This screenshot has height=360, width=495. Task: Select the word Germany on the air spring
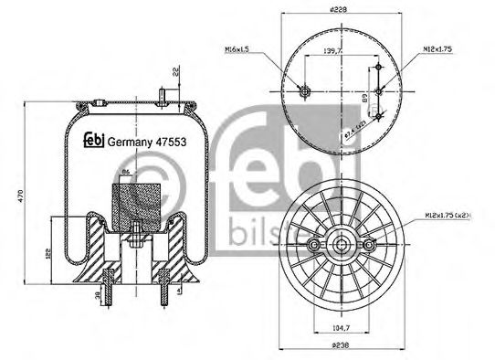pyautogui.click(x=128, y=141)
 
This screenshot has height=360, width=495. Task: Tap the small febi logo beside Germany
pyautogui.click(x=92, y=140)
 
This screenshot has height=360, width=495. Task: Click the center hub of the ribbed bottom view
pyautogui.click(x=344, y=245)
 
